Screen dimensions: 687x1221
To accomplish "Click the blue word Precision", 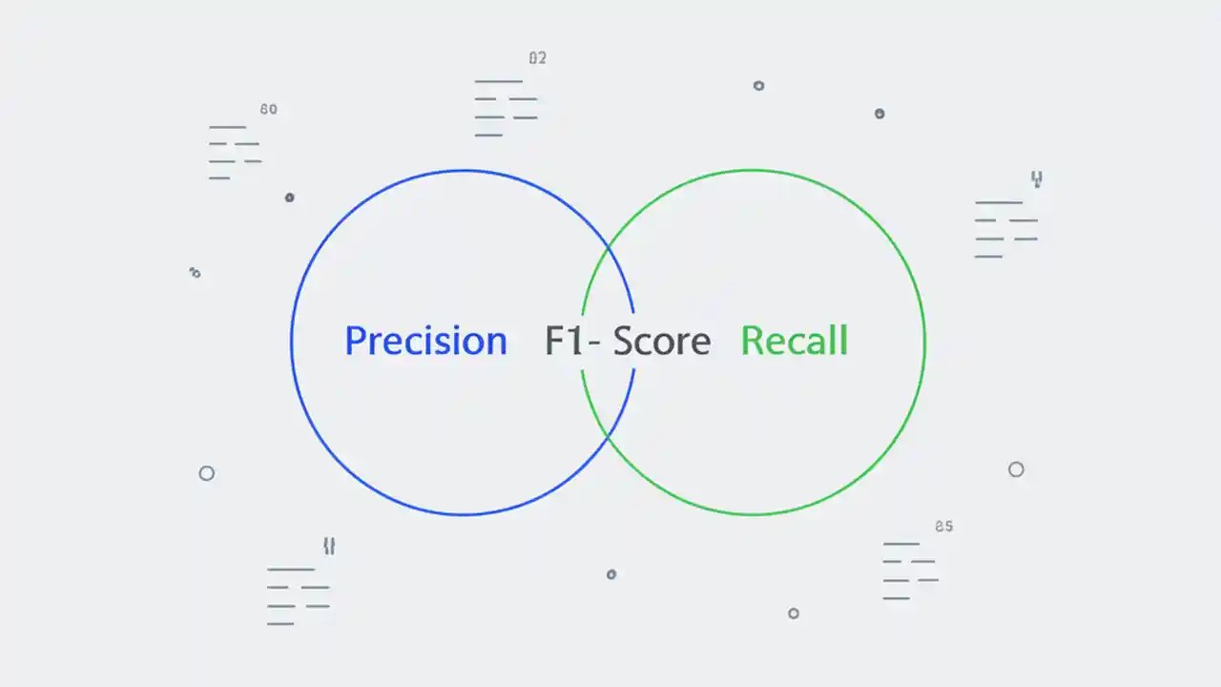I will tap(425, 341).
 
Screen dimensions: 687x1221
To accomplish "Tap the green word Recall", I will tap(794, 341).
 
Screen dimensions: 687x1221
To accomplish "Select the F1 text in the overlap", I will tap(564, 341).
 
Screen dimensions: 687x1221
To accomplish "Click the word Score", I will tap(662, 341).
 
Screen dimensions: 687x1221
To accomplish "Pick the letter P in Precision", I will tap(355, 341).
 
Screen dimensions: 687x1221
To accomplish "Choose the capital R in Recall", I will tap(753, 341).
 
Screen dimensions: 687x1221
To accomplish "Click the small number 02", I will tap(538, 58).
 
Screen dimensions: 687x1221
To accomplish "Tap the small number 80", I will tap(268, 110).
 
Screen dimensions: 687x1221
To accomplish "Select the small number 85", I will tap(943, 526).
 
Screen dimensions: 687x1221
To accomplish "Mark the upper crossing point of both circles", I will tap(609, 247).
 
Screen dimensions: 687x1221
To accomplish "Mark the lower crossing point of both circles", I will tap(609, 436).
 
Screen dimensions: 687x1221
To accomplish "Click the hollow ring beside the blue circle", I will tap(206, 473).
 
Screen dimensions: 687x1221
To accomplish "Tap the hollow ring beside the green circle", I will tap(1016, 469).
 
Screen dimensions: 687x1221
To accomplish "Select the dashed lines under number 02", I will tap(506, 108).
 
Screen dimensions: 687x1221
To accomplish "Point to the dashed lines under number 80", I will tap(235, 153).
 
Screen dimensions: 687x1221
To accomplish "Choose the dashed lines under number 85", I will tap(910, 571).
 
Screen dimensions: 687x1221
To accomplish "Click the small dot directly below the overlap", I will tap(611, 574).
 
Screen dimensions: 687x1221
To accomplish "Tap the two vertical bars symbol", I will tap(329, 546).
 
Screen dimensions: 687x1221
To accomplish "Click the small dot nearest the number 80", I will tap(289, 198).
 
